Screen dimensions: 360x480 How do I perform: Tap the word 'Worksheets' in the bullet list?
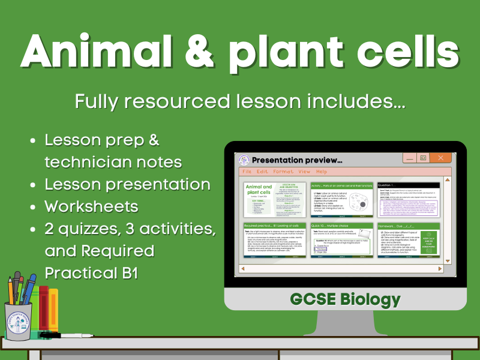tap(91, 206)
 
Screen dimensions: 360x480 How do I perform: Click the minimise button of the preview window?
tap(409, 158)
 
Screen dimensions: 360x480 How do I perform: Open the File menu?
tap(247, 171)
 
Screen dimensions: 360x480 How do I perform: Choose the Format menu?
tap(284, 171)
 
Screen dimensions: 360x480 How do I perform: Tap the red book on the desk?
tap(43, 309)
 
